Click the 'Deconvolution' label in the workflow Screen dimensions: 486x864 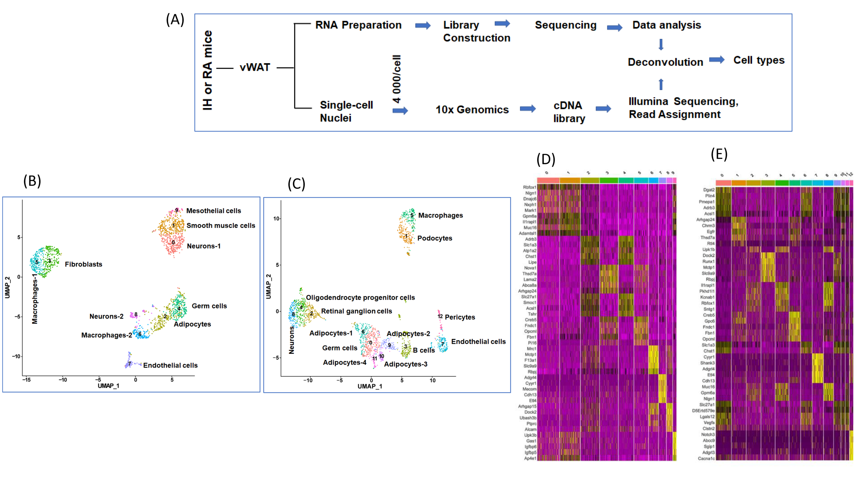coord(665,62)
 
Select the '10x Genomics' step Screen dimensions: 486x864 coord(472,110)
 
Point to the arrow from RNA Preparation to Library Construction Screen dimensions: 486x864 coord(423,25)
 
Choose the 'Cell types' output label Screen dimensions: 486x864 coord(759,60)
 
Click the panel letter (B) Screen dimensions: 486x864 coord(32,181)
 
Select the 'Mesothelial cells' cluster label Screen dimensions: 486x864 coord(213,211)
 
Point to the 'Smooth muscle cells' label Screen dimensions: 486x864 coord(221,225)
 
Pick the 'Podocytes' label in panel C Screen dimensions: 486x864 coord(434,238)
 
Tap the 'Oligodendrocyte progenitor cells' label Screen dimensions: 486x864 coord(360,298)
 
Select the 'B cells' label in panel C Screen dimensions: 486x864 coord(424,350)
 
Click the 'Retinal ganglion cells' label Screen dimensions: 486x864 coord(356,311)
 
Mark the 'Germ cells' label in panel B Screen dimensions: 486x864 coord(209,306)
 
